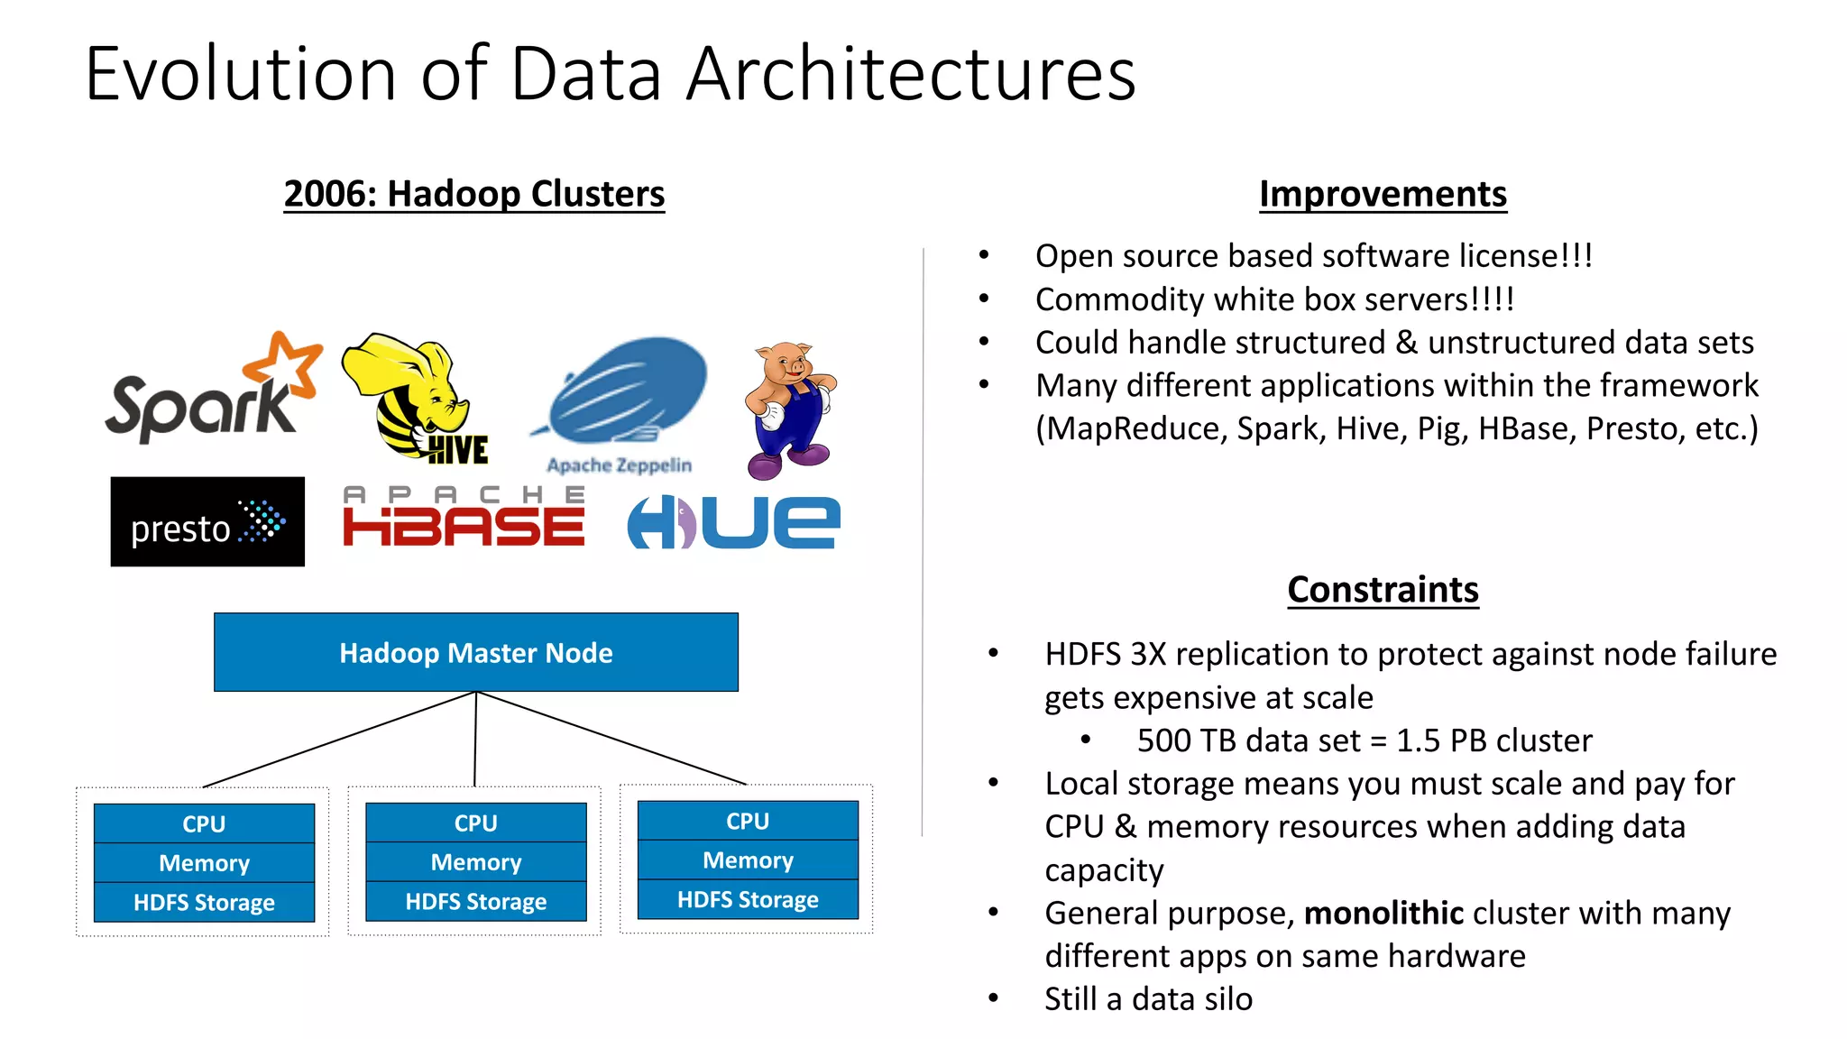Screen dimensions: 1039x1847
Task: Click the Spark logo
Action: click(x=212, y=392)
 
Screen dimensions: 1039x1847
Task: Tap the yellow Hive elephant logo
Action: click(x=415, y=397)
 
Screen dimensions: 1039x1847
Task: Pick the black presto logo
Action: click(x=207, y=522)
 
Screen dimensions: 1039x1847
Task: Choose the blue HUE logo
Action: click(x=733, y=522)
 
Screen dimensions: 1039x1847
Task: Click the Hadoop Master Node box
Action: click(x=475, y=653)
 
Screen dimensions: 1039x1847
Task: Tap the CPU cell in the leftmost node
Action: click(x=204, y=823)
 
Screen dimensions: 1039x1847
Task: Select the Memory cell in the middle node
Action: click(x=475, y=862)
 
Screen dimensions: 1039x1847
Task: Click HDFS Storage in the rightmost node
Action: click(x=748, y=899)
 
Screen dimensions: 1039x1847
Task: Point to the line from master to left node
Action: click(x=339, y=740)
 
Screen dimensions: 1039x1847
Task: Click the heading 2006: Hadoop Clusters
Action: click(x=473, y=194)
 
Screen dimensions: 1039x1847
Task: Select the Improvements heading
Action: click(x=1383, y=194)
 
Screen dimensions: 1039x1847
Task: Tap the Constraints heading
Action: click(x=1383, y=590)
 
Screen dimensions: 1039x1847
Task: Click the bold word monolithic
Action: click(x=1383, y=913)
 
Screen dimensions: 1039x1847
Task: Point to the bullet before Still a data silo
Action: click(x=993, y=998)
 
